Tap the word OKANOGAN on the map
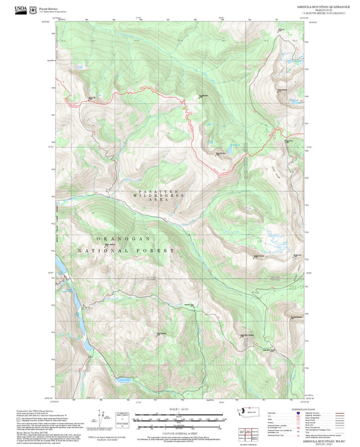(x=122, y=239)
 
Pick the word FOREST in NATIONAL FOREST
(x=157, y=251)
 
